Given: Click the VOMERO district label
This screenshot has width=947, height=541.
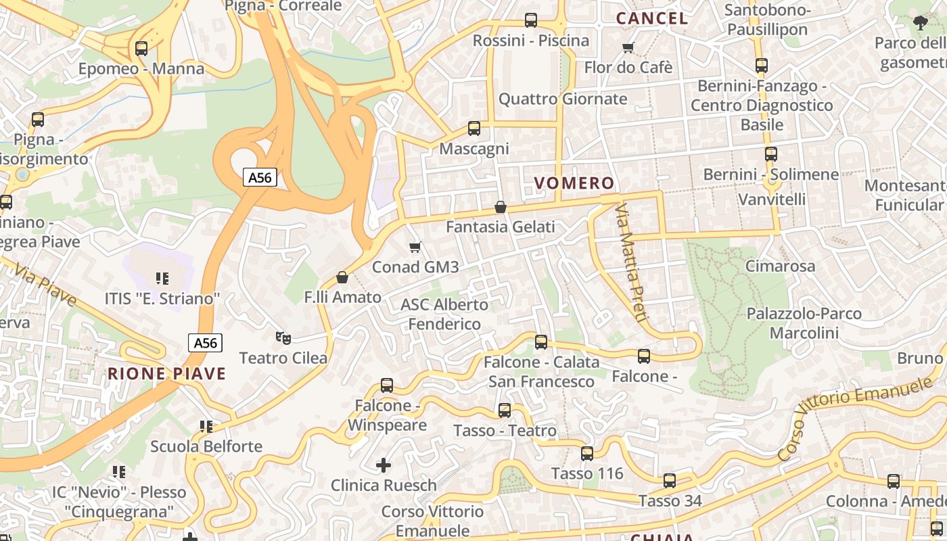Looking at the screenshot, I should pyautogui.click(x=574, y=183).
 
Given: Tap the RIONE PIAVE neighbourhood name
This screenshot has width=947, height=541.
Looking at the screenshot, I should pyautogui.click(x=166, y=373).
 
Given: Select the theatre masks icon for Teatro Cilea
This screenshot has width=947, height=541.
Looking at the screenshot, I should pyautogui.click(x=283, y=337).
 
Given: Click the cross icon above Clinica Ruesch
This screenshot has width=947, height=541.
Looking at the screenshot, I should pyautogui.click(x=384, y=465).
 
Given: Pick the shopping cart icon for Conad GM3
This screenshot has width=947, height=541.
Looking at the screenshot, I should pyautogui.click(x=415, y=248).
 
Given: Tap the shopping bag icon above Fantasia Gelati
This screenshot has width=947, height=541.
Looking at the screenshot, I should pyautogui.click(x=501, y=207).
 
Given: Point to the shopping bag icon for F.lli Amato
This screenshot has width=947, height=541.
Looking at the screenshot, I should pyautogui.click(x=342, y=277).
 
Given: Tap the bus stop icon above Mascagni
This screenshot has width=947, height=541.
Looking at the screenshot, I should pyautogui.click(x=474, y=128).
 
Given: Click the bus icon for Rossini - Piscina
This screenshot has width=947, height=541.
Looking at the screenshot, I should pyautogui.click(x=531, y=20).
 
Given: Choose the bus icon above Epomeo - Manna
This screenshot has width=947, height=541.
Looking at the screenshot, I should pyautogui.click(x=141, y=49).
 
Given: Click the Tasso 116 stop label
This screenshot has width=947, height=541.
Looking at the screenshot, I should pyautogui.click(x=587, y=473).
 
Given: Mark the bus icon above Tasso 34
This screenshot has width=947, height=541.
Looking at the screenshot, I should pyautogui.click(x=670, y=481).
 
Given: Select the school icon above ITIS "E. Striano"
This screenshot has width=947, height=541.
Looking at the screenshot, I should pyautogui.click(x=162, y=278).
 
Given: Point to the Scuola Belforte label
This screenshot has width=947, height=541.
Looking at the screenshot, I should pyautogui.click(x=206, y=446).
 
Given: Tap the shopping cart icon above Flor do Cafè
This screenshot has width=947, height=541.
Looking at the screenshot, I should pyautogui.click(x=628, y=47).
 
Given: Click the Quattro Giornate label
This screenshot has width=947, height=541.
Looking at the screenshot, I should pyautogui.click(x=563, y=99).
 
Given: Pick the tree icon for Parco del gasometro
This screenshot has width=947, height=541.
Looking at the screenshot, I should pyautogui.click(x=920, y=23).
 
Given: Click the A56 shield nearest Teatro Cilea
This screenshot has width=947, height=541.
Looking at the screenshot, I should pyautogui.click(x=205, y=343).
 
